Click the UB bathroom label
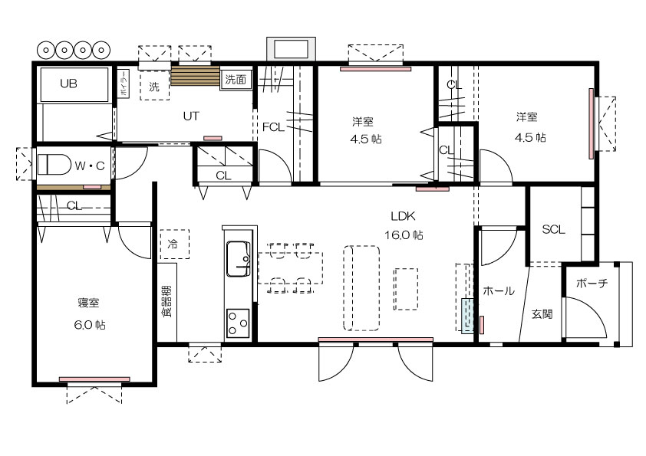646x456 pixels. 68,84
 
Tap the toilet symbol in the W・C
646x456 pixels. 54,165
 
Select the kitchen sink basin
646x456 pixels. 239,259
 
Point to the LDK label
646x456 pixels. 403,216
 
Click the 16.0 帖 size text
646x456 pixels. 404,235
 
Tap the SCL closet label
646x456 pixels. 553,229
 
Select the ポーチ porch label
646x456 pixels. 592,283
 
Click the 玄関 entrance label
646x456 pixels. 542,314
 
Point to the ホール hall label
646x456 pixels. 499,291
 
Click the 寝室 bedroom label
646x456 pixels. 88,303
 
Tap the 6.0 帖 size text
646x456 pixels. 90,325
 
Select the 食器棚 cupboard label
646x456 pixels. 166,302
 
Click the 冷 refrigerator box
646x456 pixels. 175,244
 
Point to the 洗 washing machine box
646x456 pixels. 154,86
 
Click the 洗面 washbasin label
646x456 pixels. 236,80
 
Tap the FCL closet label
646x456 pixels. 273,127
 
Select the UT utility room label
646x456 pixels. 191,116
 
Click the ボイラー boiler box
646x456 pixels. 124,84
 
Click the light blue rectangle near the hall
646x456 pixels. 467,316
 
